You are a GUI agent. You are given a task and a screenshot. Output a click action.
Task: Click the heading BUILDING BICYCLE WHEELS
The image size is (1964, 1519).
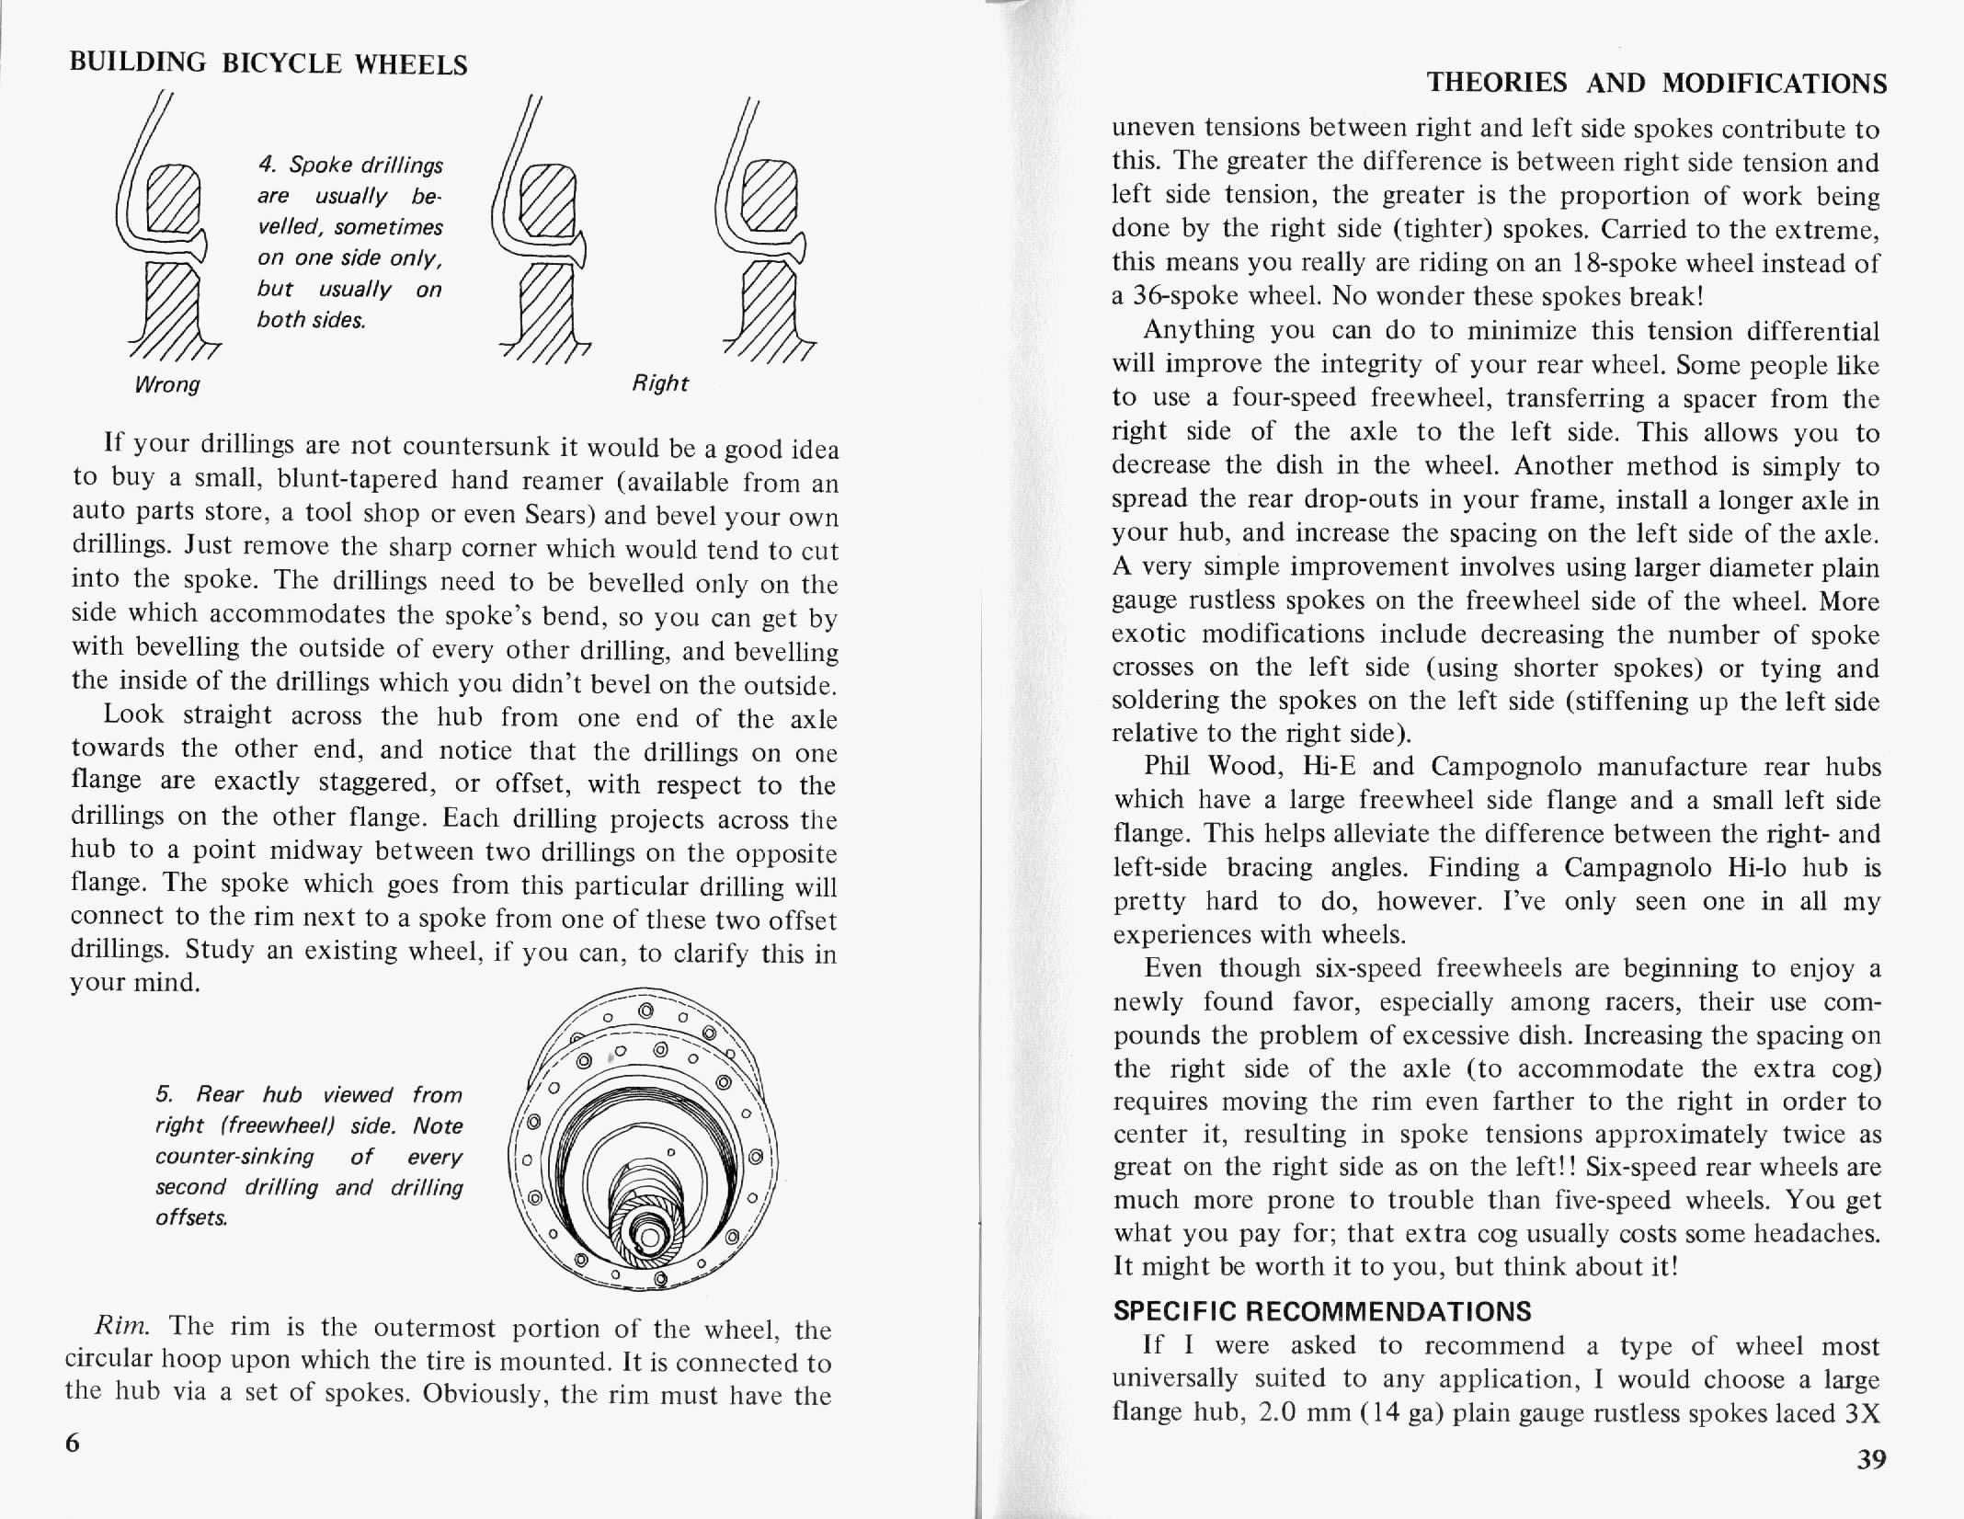pyautogui.click(x=268, y=63)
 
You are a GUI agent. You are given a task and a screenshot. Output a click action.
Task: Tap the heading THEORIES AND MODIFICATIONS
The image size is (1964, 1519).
pyautogui.click(x=1657, y=84)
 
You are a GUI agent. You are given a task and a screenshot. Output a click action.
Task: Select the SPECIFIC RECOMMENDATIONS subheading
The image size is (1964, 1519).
pyautogui.click(x=1322, y=1310)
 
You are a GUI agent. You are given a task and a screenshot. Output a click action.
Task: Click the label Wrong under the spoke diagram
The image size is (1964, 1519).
pyautogui.click(x=166, y=384)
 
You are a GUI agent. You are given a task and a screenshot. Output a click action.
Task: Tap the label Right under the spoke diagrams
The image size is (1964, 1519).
pyautogui.click(x=660, y=383)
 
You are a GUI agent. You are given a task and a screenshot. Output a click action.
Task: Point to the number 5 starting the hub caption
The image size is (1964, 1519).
pyautogui.click(x=163, y=1094)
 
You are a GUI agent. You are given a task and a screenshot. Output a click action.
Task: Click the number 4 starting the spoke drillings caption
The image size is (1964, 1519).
pyautogui.click(x=267, y=165)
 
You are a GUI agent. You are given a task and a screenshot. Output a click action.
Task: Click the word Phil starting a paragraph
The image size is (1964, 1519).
pyautogui.click(x=1166, y=766)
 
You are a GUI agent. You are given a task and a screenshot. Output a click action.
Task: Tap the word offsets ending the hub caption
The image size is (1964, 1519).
pyautogui.click(x=191, y=1217)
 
